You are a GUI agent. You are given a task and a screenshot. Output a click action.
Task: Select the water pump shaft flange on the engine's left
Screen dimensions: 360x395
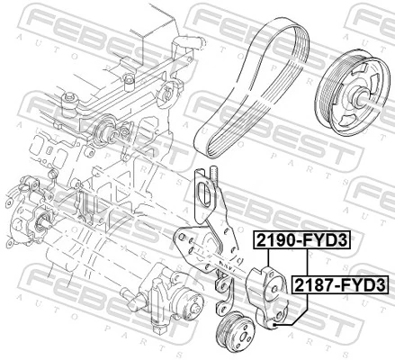coord(40,221)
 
